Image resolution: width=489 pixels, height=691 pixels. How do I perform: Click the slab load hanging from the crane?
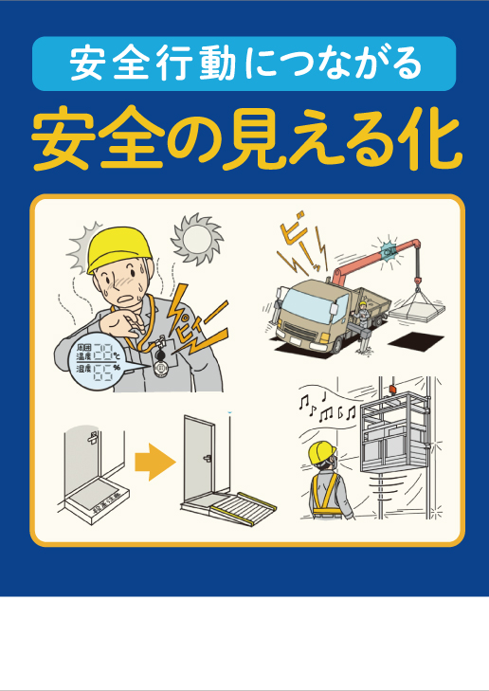tap(417, 307)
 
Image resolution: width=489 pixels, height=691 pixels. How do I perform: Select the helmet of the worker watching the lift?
tap(325, 450)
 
